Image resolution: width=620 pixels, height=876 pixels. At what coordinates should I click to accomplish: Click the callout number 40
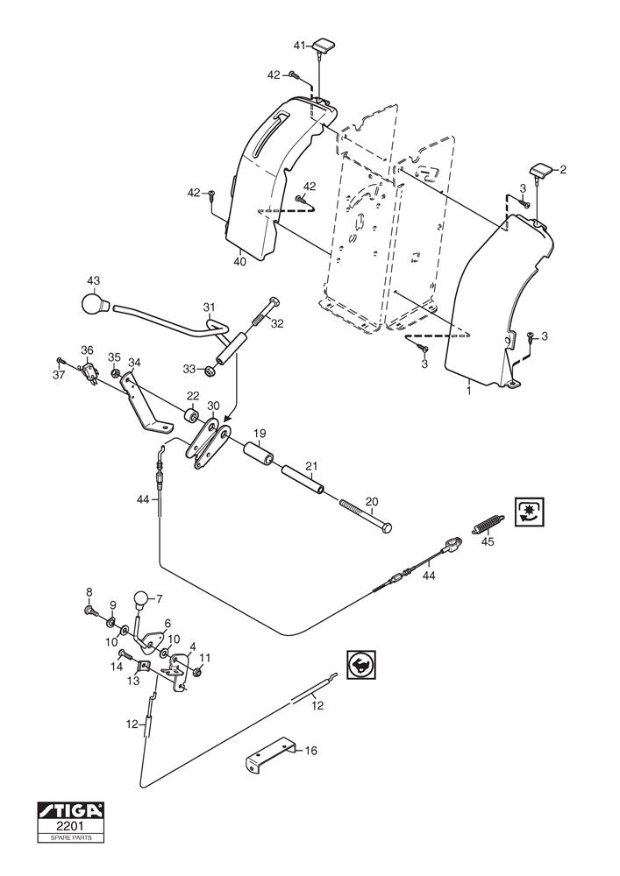[x=239, y=259]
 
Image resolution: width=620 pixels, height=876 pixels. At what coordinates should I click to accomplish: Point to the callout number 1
[x=468, y=391]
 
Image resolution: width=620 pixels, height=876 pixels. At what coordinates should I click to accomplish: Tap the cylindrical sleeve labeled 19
[x=257, y=457]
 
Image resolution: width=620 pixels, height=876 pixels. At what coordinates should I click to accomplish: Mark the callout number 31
[x=209, y=307]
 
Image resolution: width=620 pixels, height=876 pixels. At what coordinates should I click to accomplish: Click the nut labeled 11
[x=199, y=672]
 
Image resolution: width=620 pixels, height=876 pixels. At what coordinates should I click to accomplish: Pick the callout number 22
[x=191, y=397]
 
